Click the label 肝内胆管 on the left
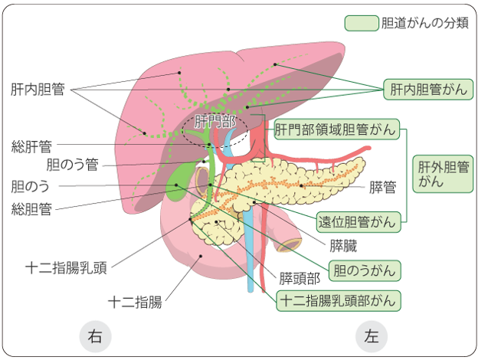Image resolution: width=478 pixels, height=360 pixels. pos(38,90)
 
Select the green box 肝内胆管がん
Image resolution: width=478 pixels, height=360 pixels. pos(428,90)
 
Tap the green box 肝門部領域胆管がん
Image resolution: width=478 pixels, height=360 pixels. pos(336,129)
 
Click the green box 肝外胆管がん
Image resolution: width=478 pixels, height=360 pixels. pos(443,174)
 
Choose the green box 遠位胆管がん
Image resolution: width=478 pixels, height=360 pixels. pos(358,222)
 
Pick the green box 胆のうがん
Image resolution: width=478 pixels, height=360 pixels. pos(365,270)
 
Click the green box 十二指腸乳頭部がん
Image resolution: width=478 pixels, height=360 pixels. pos(339,301)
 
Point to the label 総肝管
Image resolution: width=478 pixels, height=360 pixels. pos(31,146)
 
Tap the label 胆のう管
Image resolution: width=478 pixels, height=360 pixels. pos(73,165)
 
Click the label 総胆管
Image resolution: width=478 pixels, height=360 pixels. pos(31,209)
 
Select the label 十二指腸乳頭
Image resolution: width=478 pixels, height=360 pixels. pos(66,268)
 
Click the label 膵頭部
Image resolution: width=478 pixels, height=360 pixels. pos(300,278)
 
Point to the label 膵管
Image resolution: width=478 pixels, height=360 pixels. pos(382,187)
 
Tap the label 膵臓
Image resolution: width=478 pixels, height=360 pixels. pos(343,246)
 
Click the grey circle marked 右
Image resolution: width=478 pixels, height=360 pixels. pos(95,336)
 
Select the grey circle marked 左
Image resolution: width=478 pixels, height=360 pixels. pos(372,336)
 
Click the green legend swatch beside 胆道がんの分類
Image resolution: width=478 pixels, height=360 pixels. pos(362,23)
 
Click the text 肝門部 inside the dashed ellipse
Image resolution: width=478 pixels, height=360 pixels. pos(215,122)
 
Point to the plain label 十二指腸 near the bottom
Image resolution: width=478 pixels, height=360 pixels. pos(135,303)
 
